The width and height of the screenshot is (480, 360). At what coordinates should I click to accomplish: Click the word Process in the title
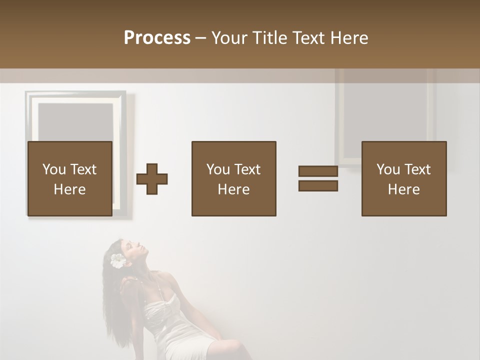[x=157, y=38]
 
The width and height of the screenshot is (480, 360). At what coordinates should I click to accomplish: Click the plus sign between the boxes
[x=152, y=179]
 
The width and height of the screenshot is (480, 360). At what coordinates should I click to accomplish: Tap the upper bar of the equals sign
[x=318, y=171]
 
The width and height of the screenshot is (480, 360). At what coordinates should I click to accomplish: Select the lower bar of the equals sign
[x=318, y=185]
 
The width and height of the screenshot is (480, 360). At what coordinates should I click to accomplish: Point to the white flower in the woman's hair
[x=118, y=260]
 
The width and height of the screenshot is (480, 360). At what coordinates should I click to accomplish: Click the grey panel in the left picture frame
[x=75, y=122]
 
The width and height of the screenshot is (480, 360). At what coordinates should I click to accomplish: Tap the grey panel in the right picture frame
[x=384, y=115]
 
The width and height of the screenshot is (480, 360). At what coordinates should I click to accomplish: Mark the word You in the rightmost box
[x=388, y=169]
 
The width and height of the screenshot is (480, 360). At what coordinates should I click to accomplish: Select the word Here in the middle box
[x=233, y=189]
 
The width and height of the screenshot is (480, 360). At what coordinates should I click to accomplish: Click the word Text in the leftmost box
[x=83, y=169]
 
